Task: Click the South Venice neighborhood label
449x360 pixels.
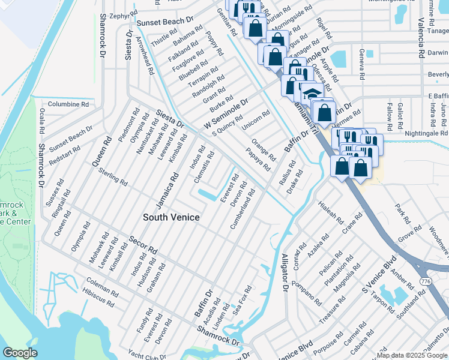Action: pyautogui.click(x=171, y=217)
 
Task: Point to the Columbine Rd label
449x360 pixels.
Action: pyautogui.click(x=68, y=104)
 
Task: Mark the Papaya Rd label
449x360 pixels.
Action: pyautogui.click(x=258, y=160)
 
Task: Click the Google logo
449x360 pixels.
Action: pyautogui.click(x=20, y=353)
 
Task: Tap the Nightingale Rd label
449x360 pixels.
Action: pyautogui.click(x=427, y=133)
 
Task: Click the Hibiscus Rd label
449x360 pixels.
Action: pyautogui.click(x=98, y=296)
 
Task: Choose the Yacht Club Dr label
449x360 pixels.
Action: pyautogui.click(x=147, y=355)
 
